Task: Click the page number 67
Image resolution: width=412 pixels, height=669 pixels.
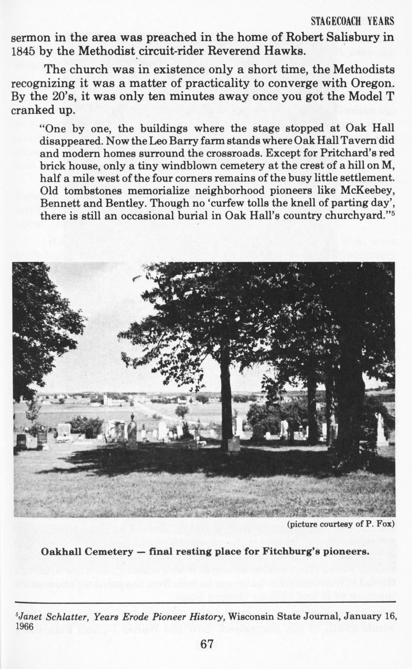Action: [206, 644]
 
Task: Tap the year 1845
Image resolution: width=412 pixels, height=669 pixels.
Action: [23, 50]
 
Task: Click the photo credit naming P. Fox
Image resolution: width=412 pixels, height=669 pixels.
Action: [341, 524]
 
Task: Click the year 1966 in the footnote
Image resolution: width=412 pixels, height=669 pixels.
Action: [21, 626]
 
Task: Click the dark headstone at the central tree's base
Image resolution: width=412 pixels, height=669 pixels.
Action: [234, 444]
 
